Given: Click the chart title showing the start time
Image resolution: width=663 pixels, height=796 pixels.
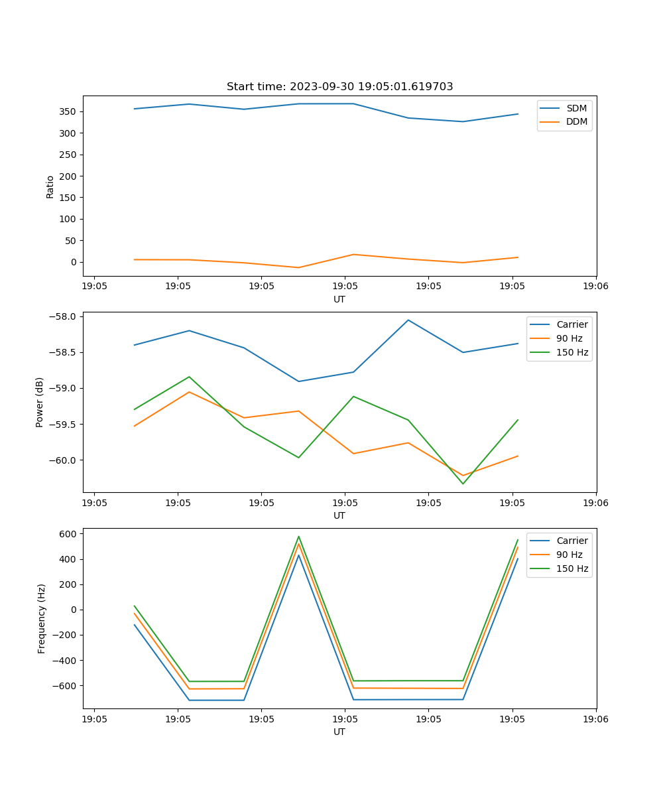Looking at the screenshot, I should point(339,87).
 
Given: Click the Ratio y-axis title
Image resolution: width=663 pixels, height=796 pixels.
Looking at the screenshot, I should point(50,187).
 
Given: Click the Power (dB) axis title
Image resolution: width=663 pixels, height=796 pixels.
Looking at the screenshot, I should point(40,402).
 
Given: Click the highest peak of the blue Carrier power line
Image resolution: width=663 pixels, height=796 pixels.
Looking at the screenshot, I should point(408,320).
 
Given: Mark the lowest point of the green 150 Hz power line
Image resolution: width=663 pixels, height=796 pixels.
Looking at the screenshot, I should point(463,484).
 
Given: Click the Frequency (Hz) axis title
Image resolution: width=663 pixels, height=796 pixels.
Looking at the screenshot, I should point(42,618).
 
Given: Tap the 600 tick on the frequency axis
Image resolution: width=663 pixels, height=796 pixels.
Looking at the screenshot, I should point(69,533).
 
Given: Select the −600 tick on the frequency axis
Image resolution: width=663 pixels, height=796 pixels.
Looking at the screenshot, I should point(66,685).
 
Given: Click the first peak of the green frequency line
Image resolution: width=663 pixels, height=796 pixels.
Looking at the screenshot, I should point(299,537).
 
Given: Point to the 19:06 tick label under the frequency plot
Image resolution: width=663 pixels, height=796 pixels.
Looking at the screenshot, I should point(595,719).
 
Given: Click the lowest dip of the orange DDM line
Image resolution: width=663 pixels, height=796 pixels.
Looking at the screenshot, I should point(298,267).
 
